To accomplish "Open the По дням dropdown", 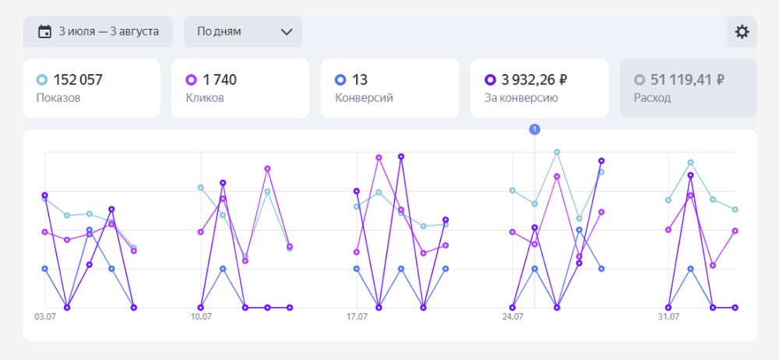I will pos(243,32).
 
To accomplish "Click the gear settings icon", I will pos(742,32).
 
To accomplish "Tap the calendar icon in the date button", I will pos(45,32).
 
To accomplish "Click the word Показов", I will pos(58,98).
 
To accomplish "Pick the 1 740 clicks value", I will pos(219,79).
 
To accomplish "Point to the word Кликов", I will pos(205,98).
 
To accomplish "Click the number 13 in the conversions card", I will pos(360,79).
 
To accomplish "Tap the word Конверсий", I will pos(364,98).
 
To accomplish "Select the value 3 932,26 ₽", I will pos(534,79).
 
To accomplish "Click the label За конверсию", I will pos(521,98).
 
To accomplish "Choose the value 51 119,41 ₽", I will pos(689,79).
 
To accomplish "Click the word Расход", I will pos(652,98).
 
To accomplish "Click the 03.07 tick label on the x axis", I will pos(45,317).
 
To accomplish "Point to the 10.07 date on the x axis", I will pos(201,317).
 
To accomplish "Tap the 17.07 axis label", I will pos(357,317).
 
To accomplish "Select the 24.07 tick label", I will pos(513,317).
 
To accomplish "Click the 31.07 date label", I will pos(668,317).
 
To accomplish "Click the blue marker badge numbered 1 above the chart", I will pos(534,129).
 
